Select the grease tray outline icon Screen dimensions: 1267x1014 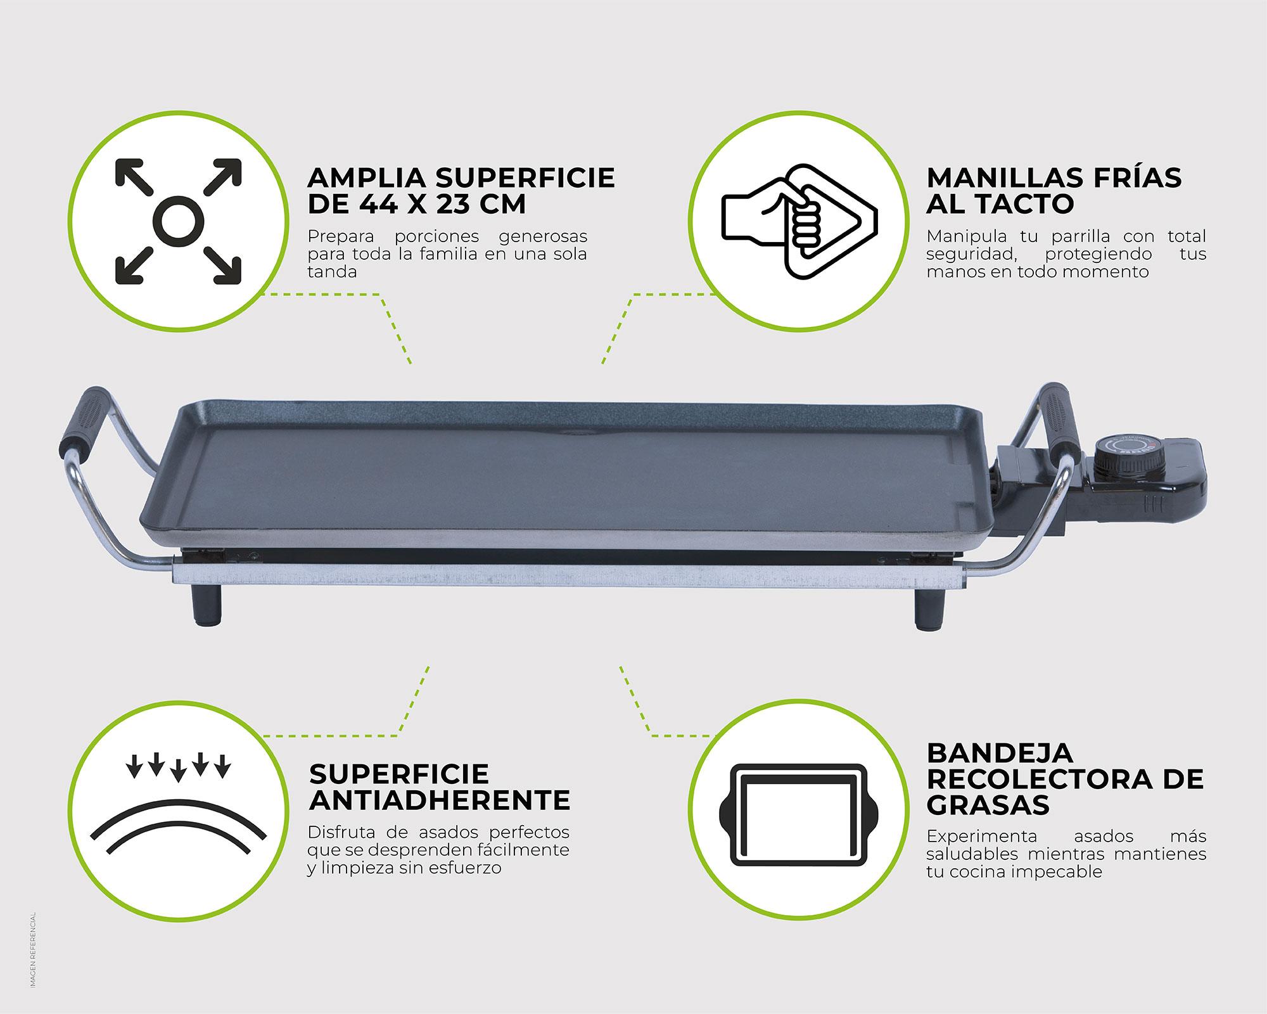pyautogui.click(x=800, y=814)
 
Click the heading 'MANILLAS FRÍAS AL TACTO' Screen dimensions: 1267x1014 pyautogui.click(x=1054, y=191)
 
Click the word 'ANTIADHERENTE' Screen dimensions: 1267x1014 pyautogui.click(x=440, y=800)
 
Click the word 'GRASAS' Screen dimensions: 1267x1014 pyautogui.click(x=988, y=805)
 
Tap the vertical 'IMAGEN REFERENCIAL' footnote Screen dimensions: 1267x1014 pyautogui.click(x=33, y=949)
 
